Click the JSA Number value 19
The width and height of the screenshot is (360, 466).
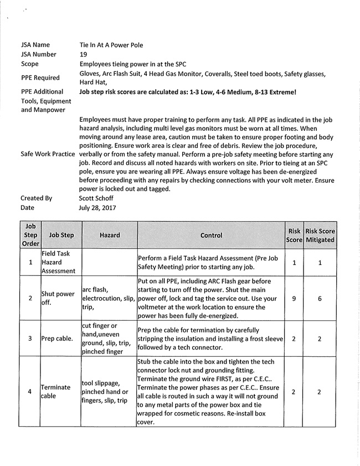(84, 54)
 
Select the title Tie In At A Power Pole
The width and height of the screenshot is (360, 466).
(114, 44)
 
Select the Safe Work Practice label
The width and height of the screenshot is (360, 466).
(48, 153)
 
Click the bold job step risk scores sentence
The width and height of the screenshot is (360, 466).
(188, 91)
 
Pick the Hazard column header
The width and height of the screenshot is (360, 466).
(110, 235)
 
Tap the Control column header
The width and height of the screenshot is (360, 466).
(211, 235)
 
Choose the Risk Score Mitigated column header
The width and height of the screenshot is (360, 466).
(320, 235)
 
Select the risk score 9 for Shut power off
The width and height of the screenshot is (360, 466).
(294, 298)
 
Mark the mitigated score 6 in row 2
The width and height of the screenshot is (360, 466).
(320, 298)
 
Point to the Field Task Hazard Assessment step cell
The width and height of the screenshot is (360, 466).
(57, 262)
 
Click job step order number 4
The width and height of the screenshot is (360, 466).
(30, 392)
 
